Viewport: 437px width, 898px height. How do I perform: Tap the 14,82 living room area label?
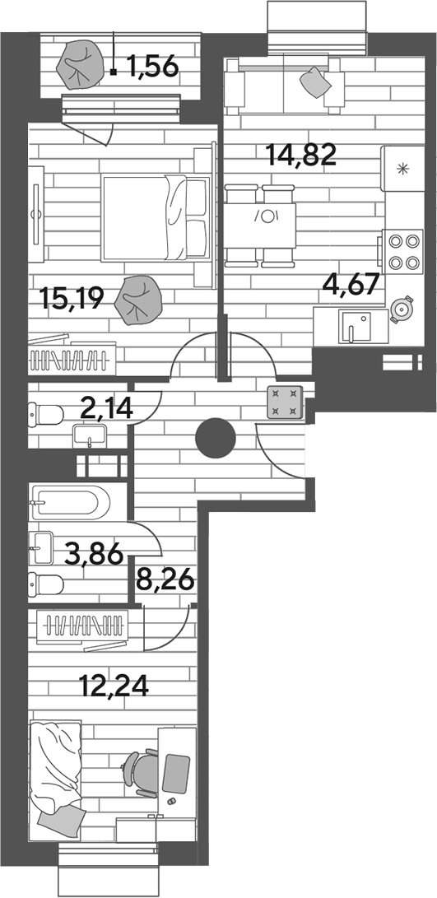(300, 155)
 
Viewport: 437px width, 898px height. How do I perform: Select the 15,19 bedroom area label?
(72, 299)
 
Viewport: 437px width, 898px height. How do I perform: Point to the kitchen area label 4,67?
(351, 283)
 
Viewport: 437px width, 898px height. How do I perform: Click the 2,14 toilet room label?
(107, 409)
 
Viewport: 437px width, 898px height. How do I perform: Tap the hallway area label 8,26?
(165, 582)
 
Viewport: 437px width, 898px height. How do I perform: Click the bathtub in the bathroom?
(69, 503)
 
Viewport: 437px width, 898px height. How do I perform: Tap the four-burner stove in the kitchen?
(404, 251)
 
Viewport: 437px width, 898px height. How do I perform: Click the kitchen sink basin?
(356, 327)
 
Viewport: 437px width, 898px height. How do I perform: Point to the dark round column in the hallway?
(216, 439)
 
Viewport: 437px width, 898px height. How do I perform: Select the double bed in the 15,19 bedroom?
(156, 217)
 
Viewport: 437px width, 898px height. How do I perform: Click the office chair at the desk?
(141, 772)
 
